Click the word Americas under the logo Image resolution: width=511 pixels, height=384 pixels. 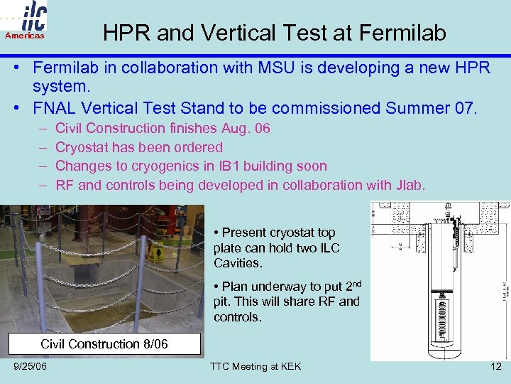[x=25, y=36]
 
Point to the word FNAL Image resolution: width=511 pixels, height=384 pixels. [x=53, y=110]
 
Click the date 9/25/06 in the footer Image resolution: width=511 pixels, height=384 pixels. [x=31, y=366]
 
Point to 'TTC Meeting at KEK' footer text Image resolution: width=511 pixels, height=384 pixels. [x=255, y=366]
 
